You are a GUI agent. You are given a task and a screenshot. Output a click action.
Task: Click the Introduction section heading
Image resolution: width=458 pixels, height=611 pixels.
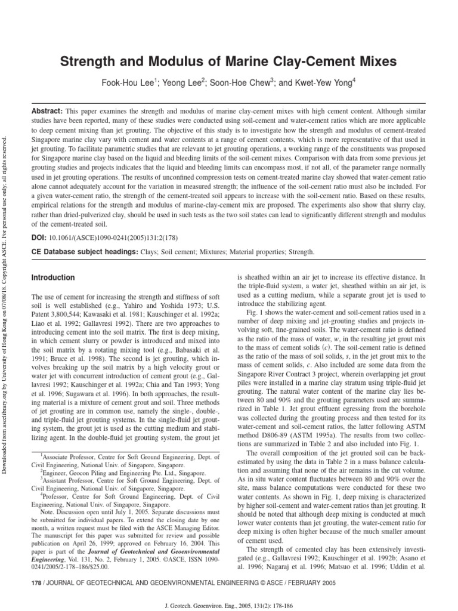(53, 278)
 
